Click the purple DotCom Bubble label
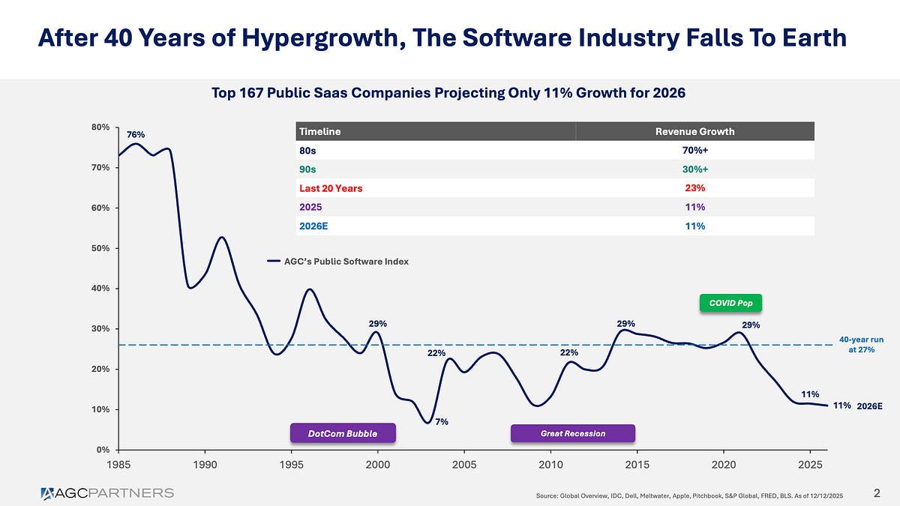pyautogui.click(x=342, y=433)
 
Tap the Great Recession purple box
pyautogui.click(x=572, y=433)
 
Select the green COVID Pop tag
pyautogui.click(x=730, y=303)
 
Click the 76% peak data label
pyautogui.click(x=136, y=135)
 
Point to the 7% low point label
pyautogui.click(x=442, y=422)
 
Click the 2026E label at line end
pyautogui.click(x=869, y=406)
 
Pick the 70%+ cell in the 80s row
pyautogui.click(x=694, y=150)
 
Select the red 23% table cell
pyautogui.click(x=694, y=188)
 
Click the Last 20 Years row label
pyautogui.click(x=331, y=188)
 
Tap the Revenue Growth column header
pyautogui.click(x=694, y=131)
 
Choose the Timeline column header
pyautogui.click(x=320, y=131)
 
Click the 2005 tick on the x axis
pyautogui.click(x=464, y=465)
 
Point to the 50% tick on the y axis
pyautogui.click(x=100, y=248)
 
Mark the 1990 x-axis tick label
pyautogui.click(x=205, y=465)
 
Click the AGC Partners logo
pyautogui.click(x=107, y=493)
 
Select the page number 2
pyautogui.click(x=877, y=493)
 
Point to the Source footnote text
pyautogui.click(x=690, y=495)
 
